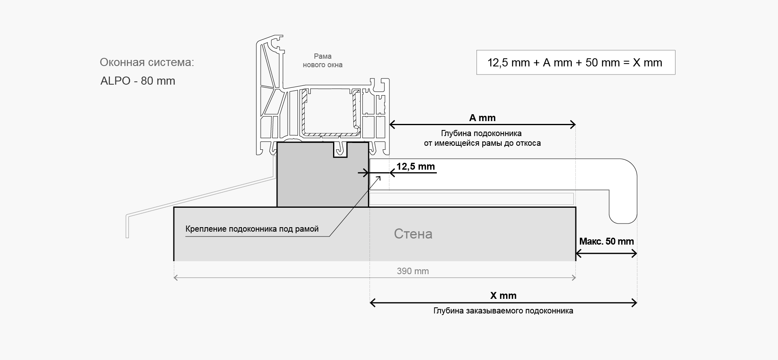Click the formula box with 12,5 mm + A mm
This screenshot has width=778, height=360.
(x=575, y=62)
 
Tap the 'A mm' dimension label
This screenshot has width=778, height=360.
(x=482, y=118)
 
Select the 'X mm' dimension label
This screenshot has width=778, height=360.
(x=503, y=296)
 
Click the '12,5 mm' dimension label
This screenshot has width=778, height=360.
(x=415, y=166)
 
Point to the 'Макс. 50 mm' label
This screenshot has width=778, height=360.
(x=606, y=241)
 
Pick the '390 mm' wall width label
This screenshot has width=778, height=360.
(x=413, y=271)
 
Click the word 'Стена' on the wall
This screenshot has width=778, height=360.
(x=413, y=234)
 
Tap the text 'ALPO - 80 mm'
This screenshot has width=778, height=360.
(x=138, y=81)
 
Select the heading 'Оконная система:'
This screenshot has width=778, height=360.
(x=147, y=62)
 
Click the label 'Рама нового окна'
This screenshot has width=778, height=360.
(x=323, y=60)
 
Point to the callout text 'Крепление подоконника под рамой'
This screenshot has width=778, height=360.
(x=252, y=229)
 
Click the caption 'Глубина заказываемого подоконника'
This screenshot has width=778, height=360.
(x=503, y=311)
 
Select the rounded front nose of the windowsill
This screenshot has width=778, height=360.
(x=624, y=190)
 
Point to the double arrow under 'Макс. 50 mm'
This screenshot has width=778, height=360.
(x=606, y=254)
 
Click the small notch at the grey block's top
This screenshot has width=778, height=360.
(x=340, y=149)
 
